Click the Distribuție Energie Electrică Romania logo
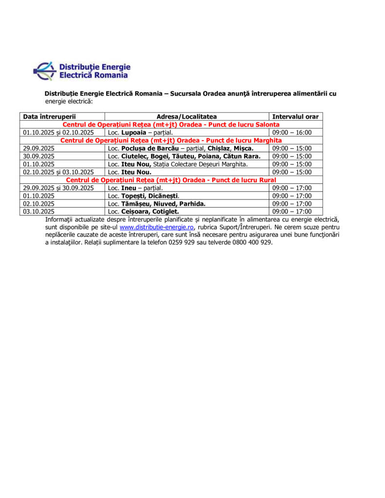click(x=82, y=71)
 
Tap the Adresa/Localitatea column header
click(x=186, y=117)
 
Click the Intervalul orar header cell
click(x=295, y=117)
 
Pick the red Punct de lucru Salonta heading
click(x=171, y=124)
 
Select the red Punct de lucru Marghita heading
click(x=171, y=141)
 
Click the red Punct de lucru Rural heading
click(x=171, y=180)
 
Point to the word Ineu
click(x=128, y=188)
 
